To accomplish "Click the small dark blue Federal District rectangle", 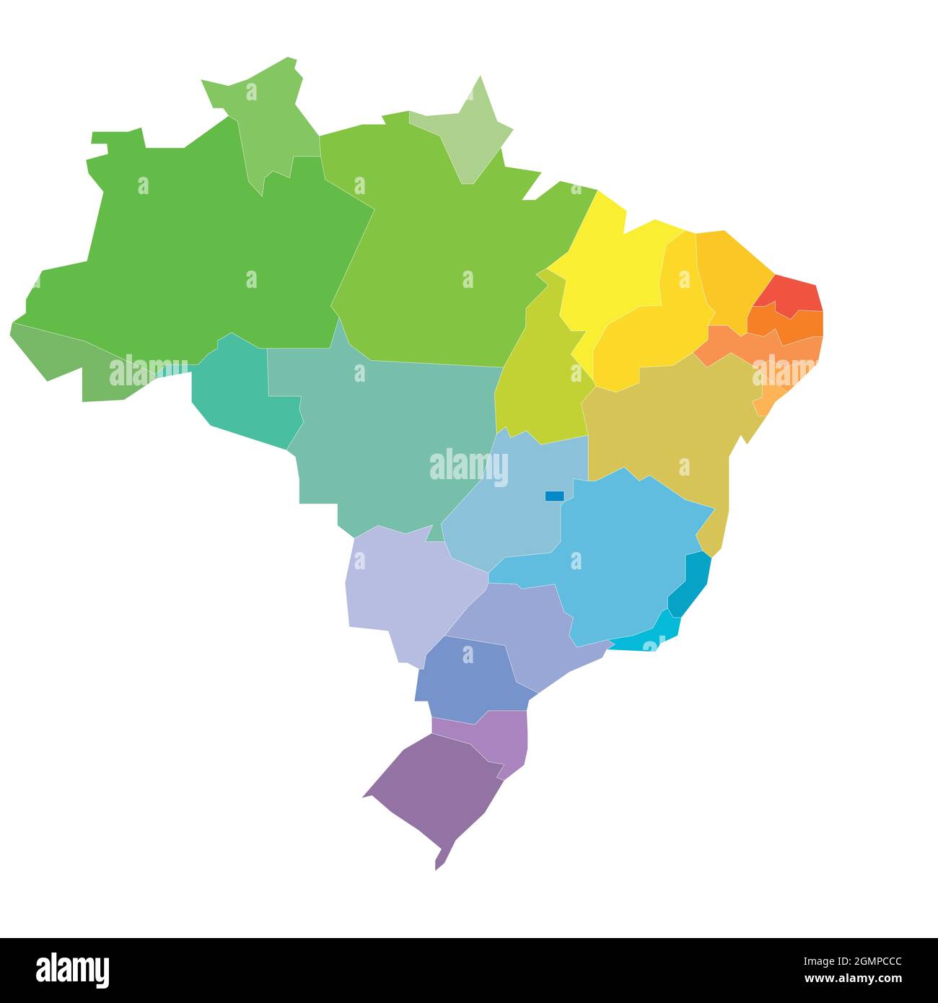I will point(554,496).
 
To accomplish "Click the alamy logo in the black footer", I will point(72,970).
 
